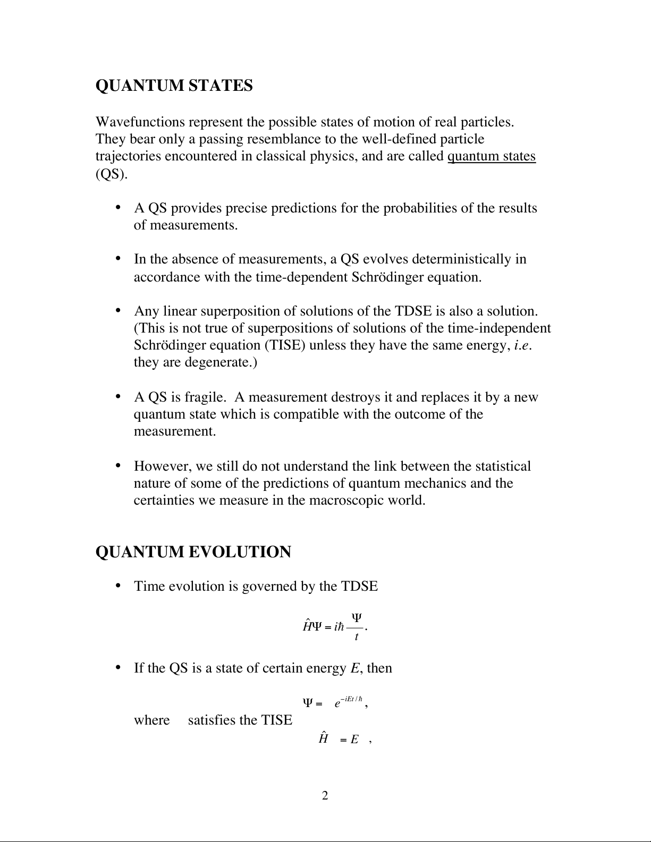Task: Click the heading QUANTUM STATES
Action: coord(174,86)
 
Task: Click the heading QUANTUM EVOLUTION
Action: coord(193,552)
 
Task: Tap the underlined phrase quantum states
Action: coord(492,156)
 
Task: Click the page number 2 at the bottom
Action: coord(325,795)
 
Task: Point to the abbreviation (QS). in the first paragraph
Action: coord(112,174)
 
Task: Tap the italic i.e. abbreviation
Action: coord(524,345)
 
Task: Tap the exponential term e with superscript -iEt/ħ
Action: coord(348,702)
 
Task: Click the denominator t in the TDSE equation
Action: coord(356,636)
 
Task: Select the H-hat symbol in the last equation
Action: coord(323,738)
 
